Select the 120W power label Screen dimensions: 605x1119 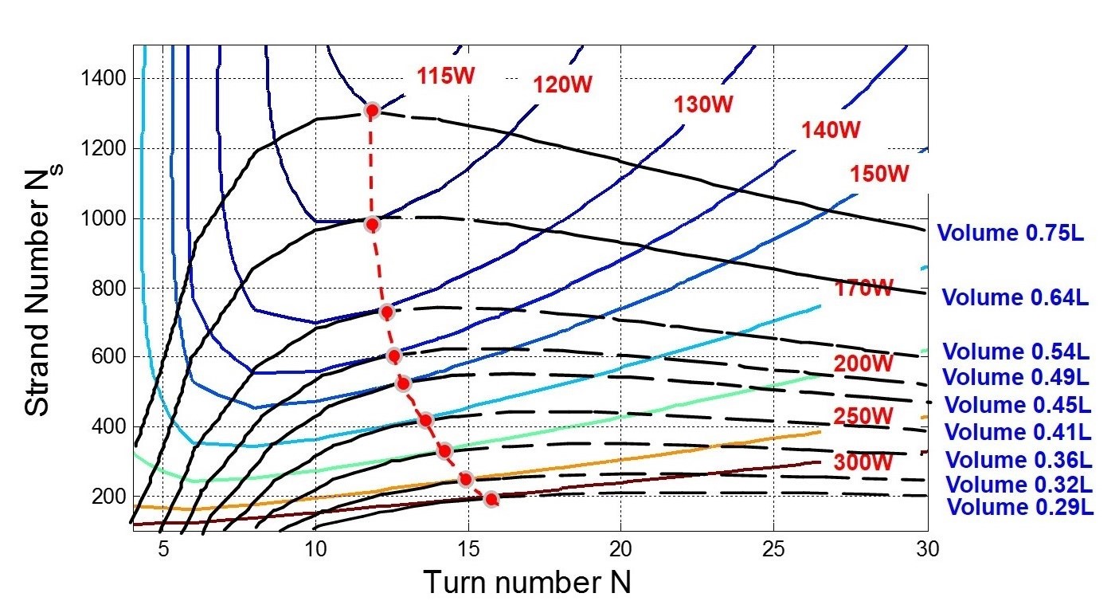click(562, 84)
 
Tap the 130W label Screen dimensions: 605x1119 click(702, 104)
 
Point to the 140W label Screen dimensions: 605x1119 click(831, 130)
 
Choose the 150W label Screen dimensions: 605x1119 click(879, 173)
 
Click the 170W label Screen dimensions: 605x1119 click(864, 289)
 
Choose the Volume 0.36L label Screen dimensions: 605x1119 click(1018, 460)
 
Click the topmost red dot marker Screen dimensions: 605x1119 click(371, 110)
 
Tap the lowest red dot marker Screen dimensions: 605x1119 click(491, 499)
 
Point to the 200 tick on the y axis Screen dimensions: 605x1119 click(110, 496)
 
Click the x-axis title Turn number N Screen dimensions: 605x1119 click(526, 583)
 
